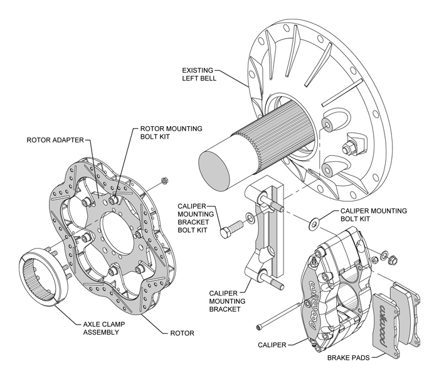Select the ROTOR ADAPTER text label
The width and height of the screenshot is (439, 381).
(56, 139)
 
